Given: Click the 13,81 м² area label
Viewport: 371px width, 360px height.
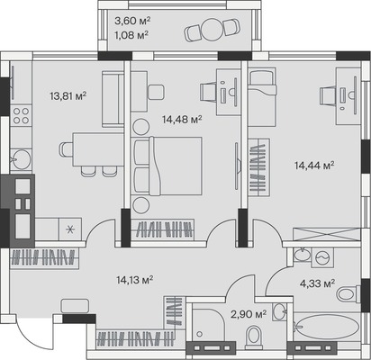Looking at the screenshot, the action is click(x=68, y=96).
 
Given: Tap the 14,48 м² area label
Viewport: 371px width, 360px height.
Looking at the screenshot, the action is click(x=182, y=120).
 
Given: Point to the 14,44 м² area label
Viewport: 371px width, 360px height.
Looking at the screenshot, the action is click(x=314, y=165).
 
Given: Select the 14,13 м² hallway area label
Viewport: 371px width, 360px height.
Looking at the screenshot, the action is click(x=135, y=280).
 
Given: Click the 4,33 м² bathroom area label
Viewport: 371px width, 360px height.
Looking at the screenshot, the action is click(x=317, y=283).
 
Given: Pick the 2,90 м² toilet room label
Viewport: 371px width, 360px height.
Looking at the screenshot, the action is click(x=249, y=314).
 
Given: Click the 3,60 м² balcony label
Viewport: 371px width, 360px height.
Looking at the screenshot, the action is click(x=132, y=21).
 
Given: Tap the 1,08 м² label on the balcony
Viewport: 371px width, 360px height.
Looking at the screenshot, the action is click(x=131, y=35).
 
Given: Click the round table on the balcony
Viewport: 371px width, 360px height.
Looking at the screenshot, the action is click(x=213, y=30).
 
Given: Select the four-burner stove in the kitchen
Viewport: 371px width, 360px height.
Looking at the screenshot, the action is click(x=21, y=116).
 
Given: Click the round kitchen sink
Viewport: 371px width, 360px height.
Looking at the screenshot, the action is click(x=22, y=159).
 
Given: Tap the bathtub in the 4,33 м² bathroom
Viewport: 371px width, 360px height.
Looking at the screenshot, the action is click(x=327, y=327).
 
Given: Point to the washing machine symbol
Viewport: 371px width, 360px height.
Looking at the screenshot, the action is click(x=322, y=257).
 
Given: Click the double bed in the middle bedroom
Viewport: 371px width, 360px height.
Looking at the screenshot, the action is click(x=167, y=166).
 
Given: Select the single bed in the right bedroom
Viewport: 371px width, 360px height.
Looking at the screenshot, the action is click(x=262, y=97).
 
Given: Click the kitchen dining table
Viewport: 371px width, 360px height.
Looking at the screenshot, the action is click(x=98, y=149).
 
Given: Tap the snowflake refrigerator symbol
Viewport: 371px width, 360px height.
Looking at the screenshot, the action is click(x=70, y=229).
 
